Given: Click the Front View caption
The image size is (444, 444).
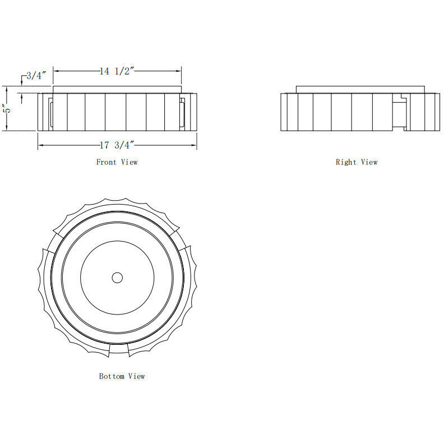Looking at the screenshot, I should [x=117, y=162].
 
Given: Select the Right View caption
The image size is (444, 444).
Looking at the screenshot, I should [x=357, y=162].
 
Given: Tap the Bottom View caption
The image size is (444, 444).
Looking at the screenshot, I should [x=122, y=376].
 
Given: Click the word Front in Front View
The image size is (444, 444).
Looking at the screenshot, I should [x=106, y=162].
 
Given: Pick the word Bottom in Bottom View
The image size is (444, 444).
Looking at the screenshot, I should [x=112, y=376].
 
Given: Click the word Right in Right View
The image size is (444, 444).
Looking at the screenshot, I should [x=345, y=162].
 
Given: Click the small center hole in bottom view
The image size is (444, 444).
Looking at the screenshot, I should [x=117, y=277].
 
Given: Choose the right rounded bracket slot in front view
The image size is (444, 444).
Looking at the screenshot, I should [x=182, y=113].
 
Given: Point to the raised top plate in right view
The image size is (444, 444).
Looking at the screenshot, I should [x=360, y=89].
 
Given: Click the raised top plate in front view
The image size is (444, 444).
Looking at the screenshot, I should [x=117, y=89].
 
